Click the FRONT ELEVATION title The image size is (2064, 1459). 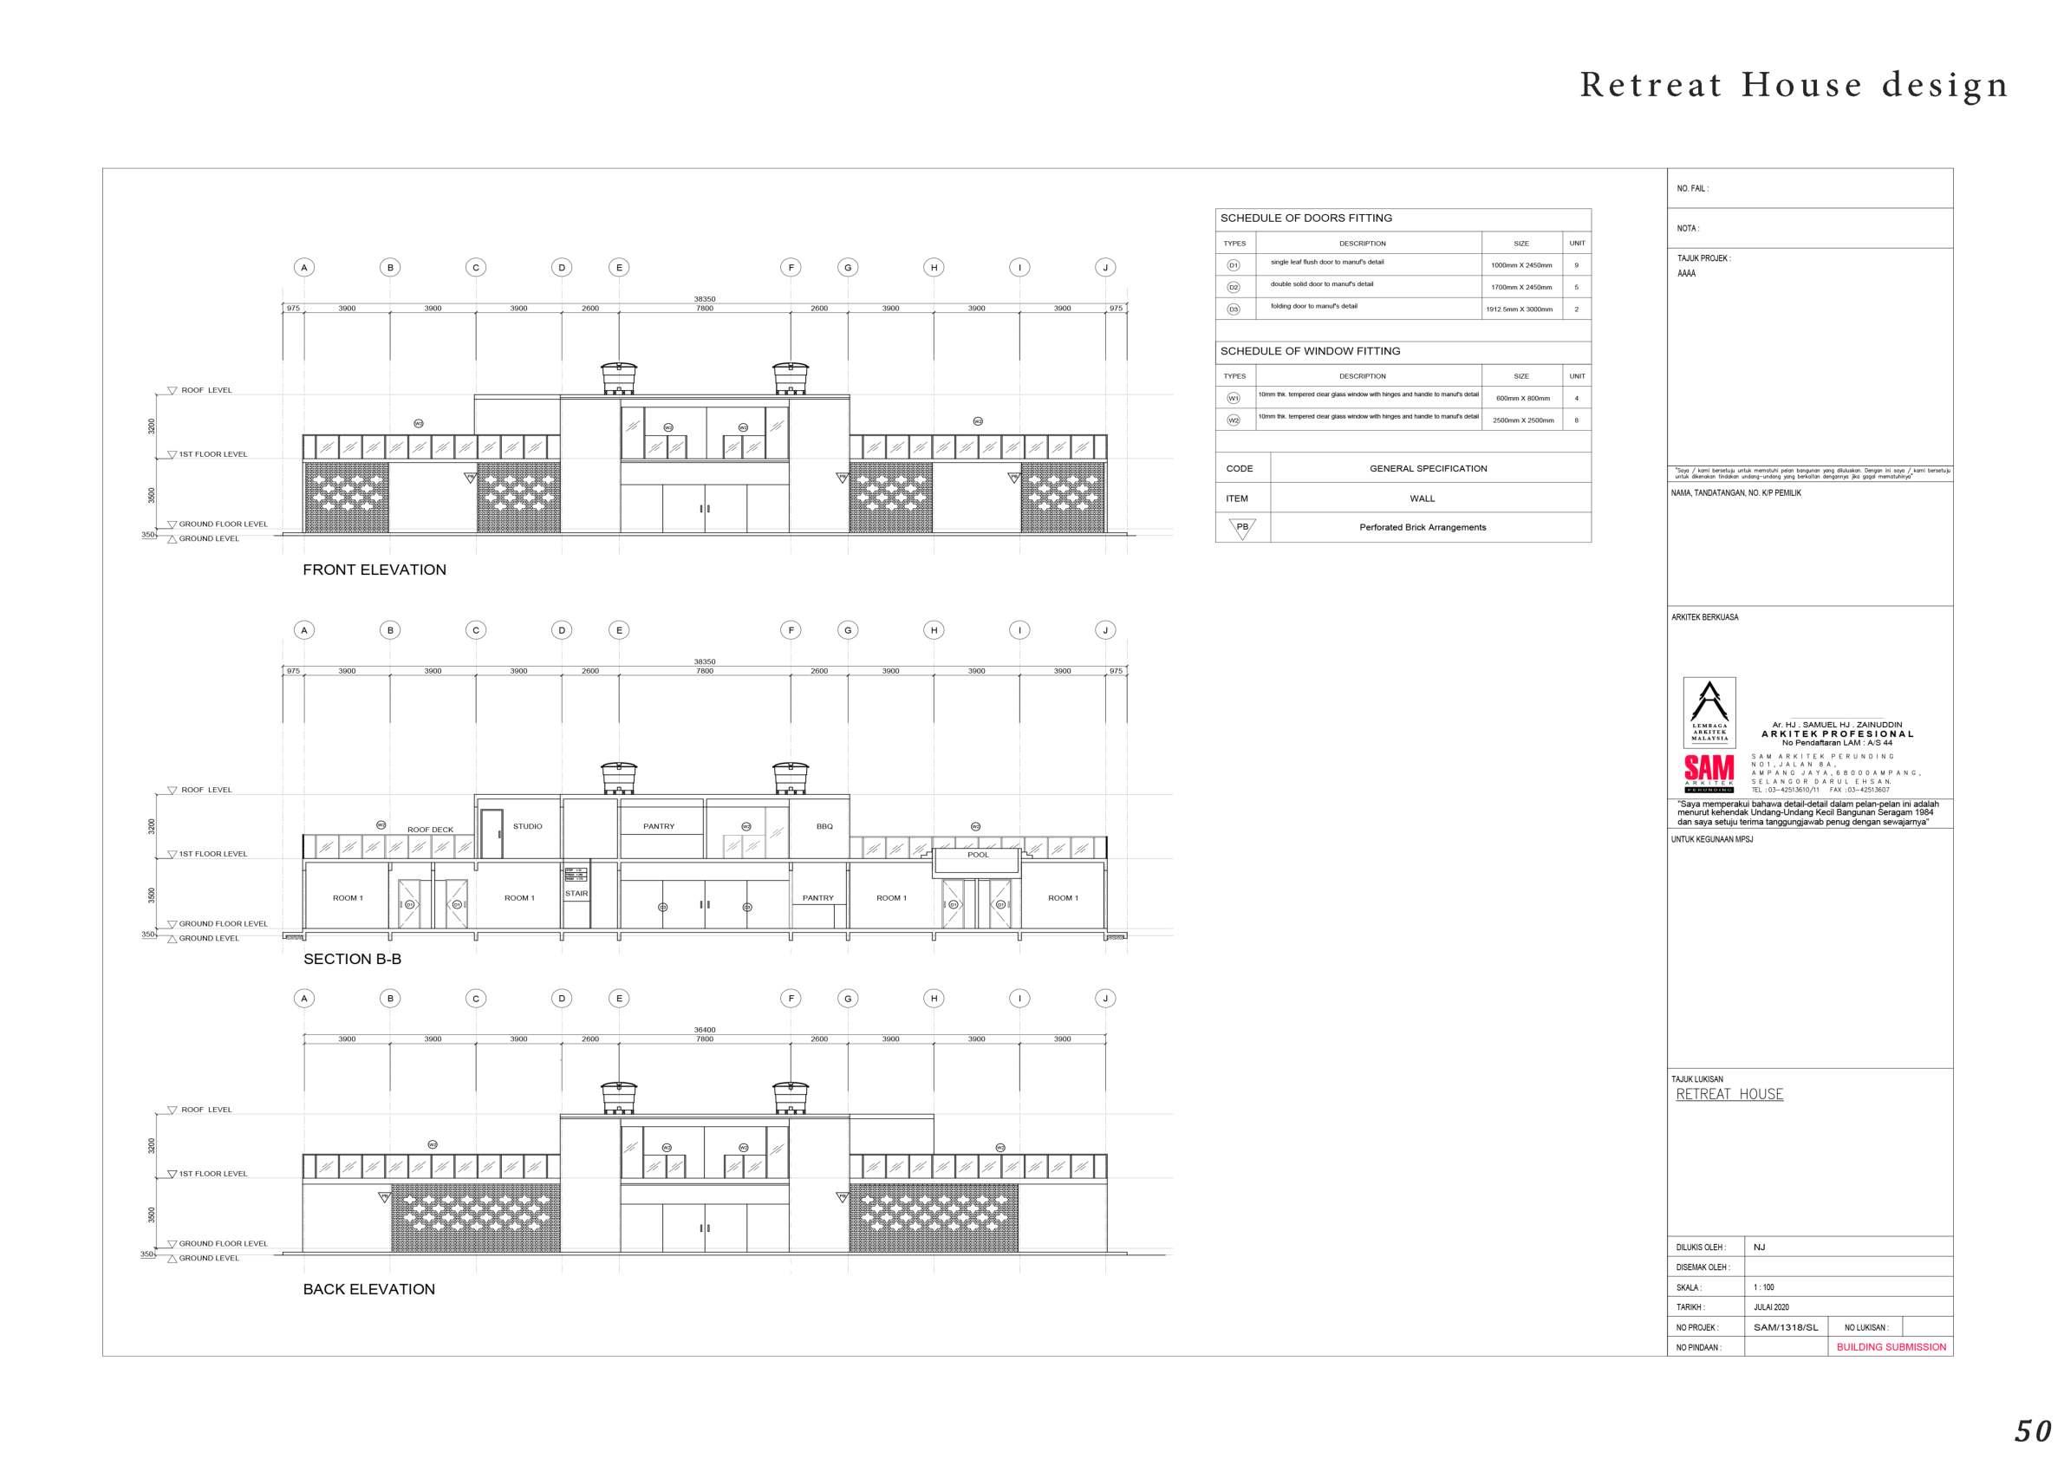coord(374,570)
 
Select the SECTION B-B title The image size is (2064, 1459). coord(351,959)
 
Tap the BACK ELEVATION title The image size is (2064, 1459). coord(368,1289)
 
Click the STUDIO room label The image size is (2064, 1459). coord(528,826)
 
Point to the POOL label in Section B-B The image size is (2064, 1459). coord(978,855)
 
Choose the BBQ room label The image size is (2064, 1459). coord(824,826)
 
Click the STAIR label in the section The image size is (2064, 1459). coord(576,894)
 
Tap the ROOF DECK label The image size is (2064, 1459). coord(430,830)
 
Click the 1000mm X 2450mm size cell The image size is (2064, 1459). coord(1521,265)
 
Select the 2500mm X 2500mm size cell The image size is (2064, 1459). coord(1523,420)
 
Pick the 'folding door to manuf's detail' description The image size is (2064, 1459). coord(1313,307)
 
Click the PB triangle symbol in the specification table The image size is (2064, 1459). coord(1241,528)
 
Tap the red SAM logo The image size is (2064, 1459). coord(1708,770)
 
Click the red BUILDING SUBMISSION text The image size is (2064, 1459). coord(1891,1347)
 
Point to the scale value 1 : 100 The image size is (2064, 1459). coord(1764,1287)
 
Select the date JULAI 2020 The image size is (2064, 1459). coord(1771,1307)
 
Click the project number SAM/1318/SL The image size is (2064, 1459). coord(1786,1328)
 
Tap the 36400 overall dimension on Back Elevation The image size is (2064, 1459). coord(704,1030)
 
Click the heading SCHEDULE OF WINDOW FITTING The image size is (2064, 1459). coord(1310,351)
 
